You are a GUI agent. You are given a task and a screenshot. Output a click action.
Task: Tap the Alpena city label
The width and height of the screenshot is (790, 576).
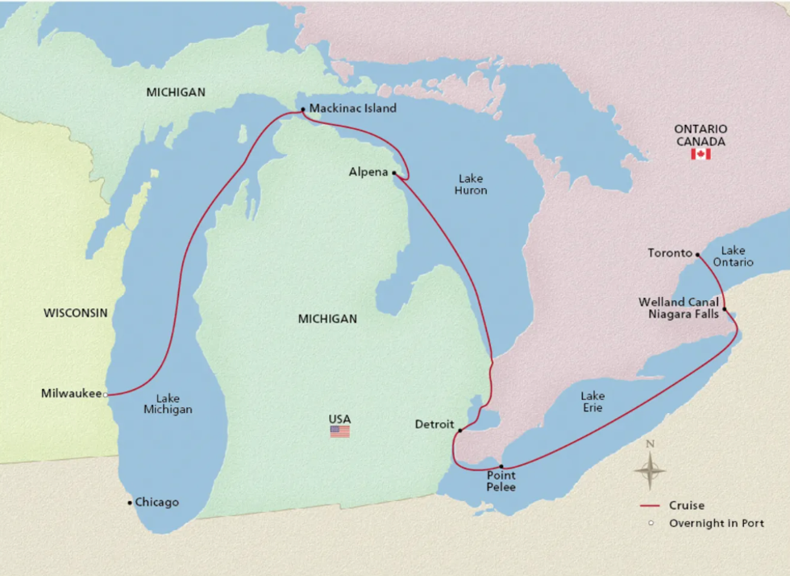point(368,173)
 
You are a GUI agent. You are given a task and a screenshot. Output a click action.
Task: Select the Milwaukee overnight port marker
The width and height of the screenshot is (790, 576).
point(106,394)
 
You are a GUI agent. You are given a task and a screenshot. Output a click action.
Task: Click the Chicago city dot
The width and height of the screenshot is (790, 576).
point(130,503)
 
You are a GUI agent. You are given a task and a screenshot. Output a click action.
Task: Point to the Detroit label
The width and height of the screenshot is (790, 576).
point(434,424)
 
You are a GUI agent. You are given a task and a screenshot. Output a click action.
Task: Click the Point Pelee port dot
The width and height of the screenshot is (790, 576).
point(501,467)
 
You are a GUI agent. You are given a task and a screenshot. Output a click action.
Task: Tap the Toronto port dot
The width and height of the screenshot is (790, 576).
point(696,254)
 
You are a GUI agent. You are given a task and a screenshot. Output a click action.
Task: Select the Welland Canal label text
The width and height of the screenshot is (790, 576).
point(678,303)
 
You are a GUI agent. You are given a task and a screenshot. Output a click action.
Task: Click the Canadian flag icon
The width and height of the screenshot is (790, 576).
point(700,154)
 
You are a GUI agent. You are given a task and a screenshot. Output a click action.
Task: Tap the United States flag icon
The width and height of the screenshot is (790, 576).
point(339,432)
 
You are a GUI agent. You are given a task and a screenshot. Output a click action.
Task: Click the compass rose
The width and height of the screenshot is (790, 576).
point(650,469)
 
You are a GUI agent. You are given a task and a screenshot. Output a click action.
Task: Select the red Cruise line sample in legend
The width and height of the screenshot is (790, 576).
point(650,506)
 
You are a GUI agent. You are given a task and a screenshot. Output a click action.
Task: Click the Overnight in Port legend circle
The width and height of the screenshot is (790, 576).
point(650,524)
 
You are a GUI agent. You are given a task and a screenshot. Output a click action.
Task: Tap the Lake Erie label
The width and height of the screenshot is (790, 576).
point(592,402)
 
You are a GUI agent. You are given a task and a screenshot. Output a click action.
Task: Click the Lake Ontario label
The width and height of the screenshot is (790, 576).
point(737,257)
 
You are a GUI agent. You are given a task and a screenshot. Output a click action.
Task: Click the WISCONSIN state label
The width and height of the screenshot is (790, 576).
point(76,313)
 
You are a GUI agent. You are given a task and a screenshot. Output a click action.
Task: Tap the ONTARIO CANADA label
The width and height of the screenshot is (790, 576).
point(701,135)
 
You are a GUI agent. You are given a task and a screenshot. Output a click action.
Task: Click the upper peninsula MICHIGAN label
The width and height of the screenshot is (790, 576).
point(176,93)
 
